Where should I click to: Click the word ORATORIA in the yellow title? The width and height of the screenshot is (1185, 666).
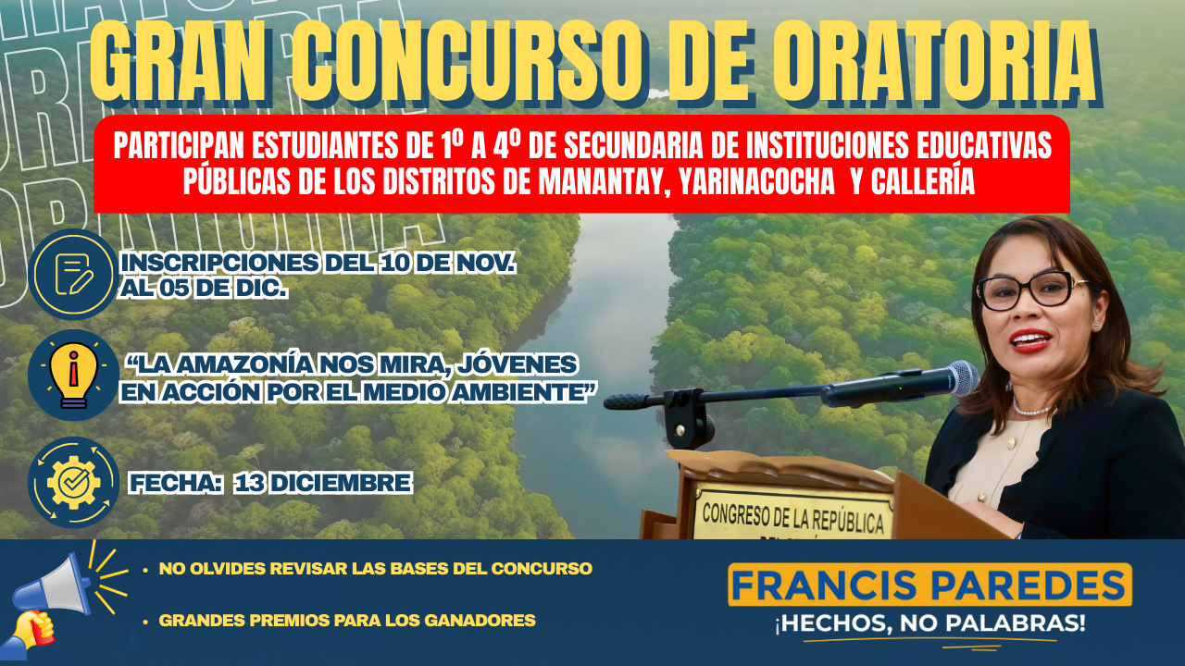tap(935, 61)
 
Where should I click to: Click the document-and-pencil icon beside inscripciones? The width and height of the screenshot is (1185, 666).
tap(74, 275)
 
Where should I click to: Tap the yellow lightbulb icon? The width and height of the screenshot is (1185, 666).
tap(73, 376)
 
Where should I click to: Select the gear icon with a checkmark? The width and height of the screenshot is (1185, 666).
tap(73, 483)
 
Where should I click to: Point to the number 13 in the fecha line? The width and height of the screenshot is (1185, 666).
tap(250, 483)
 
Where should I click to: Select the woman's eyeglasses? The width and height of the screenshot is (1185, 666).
tap(1030, 290)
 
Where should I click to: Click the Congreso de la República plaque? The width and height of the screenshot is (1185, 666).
tap(792, 512)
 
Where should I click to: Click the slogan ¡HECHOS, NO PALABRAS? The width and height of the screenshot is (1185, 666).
tap(930, 623)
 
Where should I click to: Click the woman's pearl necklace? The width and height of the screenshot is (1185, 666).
tap(1030, 411)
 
